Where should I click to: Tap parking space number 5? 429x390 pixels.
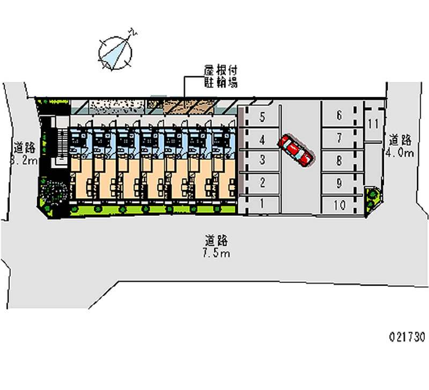coord(262,116)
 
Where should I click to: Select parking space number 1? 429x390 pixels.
coord(262,203)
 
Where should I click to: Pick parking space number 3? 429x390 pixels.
coord(262,159)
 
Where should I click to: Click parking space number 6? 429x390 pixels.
coord(339,115)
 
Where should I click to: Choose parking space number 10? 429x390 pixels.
coord(339,205)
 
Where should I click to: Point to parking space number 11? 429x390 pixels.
coord(374,123)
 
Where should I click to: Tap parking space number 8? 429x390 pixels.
coord(339,160)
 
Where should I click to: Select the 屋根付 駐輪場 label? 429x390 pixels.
coord(220,77)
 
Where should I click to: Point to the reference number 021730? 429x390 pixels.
coord(407,337)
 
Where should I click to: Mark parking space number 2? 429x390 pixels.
coord(262,182)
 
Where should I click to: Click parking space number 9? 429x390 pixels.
coord(339,182)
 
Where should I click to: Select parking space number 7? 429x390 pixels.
coord(339,137)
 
